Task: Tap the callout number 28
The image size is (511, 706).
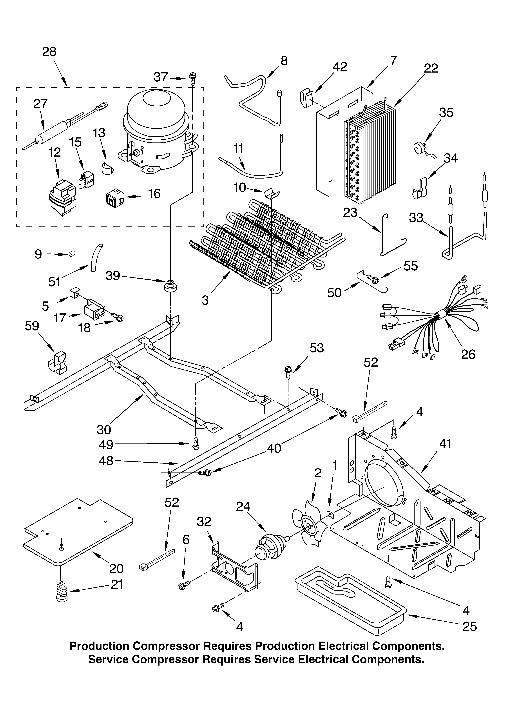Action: coord(49,52)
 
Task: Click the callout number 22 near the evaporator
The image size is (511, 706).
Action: coord(431,68)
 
